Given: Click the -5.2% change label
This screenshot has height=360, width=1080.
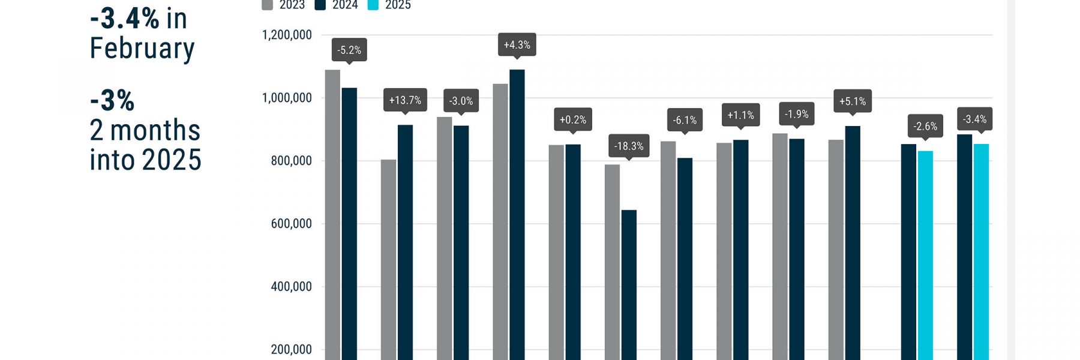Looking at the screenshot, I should click(349, 50).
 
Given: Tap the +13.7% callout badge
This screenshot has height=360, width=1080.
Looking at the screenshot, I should click(405, 100).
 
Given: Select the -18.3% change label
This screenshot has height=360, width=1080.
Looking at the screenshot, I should click(628, 146).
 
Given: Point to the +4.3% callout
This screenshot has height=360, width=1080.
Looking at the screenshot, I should click(517, 45).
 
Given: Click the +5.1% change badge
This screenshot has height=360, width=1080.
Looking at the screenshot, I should click(852, 101).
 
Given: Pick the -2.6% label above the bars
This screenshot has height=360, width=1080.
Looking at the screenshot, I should click(925, 126).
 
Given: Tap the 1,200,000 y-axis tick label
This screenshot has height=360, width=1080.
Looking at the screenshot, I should click(287, 35).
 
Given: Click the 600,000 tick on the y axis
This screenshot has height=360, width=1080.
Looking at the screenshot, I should click(291, 224).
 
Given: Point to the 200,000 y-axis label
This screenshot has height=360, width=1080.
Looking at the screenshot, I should click(291, 349).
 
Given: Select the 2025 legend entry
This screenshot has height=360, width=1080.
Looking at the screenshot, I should click(390, 5).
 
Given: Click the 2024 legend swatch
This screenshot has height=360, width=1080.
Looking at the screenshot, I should click(320, 5).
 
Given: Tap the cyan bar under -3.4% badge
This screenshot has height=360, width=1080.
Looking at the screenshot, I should click(981, 252).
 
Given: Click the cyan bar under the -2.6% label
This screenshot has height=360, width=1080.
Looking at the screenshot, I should click(925, 255).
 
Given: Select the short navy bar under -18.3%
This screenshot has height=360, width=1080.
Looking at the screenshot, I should click(629, 285).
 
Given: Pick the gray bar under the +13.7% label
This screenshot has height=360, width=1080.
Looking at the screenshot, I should click(388, 258).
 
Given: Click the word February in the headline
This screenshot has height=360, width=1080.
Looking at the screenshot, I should click(142, 48).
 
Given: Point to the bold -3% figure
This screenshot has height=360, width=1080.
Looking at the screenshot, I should click(112, 100).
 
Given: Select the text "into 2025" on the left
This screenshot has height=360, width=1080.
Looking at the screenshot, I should click(145, 160).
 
